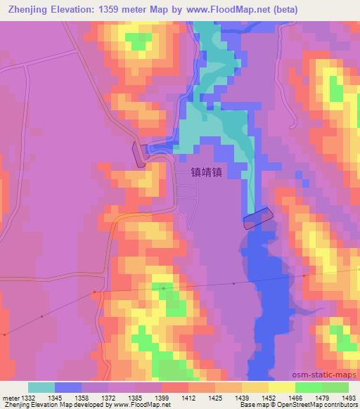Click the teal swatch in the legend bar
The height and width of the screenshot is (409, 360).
pyautogui.click(x=41, y=387)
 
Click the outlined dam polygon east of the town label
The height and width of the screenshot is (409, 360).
pyautogui.click(x=257, y=219)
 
